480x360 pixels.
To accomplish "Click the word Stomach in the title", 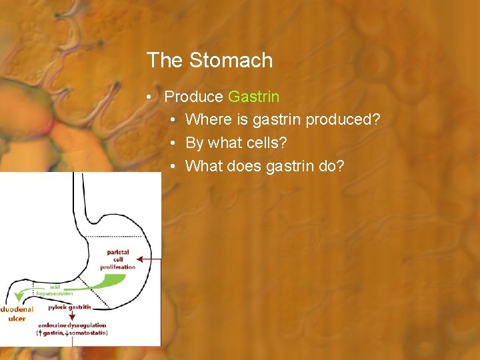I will click(x=231, y=61).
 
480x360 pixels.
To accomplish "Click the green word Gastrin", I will click(x=253, y=97).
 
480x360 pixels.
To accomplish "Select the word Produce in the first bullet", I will click(x=193, y=97).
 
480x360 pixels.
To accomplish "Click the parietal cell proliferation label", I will click(x=117, y=259).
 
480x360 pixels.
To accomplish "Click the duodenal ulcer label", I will click(x=16, y=314).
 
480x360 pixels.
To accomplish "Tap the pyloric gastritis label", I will click(x=69, y=307).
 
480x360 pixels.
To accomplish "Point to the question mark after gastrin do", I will click(x=341, y=165).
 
